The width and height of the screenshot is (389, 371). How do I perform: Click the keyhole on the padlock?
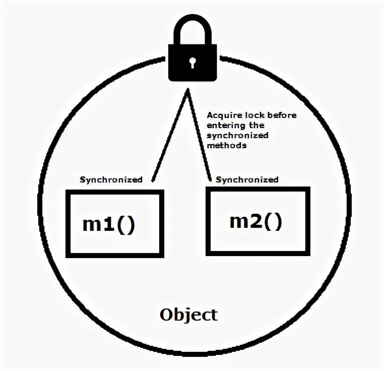192,62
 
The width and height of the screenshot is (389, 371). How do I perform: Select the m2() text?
255,221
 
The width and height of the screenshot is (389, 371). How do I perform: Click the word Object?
188,315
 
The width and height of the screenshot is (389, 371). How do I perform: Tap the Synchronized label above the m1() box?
111,179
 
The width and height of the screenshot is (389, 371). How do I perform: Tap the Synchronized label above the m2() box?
247,179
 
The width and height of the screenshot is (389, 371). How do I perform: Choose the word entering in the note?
224,125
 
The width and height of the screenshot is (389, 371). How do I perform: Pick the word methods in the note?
227,145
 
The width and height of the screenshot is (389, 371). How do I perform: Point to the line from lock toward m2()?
199,136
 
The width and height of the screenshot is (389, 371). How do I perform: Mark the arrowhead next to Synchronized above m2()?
210,177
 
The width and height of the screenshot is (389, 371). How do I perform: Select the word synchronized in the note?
237,135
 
